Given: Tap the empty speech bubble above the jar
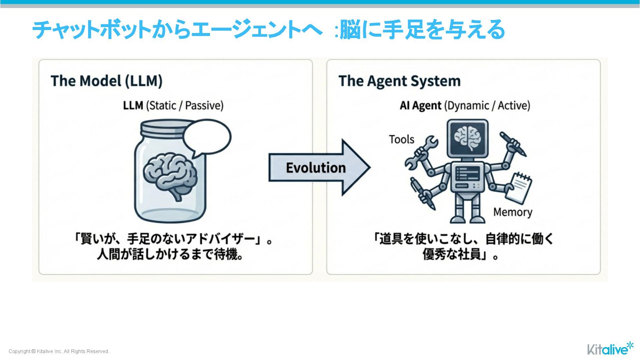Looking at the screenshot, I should click(207, 137).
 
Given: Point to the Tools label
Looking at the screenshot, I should click(401, 139).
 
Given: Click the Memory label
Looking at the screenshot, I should click(513, 212).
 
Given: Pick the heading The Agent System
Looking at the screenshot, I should click(399, 81).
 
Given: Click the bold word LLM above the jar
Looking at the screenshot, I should click(133, 105).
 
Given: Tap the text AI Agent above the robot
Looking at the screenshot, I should click(420, 105).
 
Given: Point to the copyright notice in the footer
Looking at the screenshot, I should click(59, 351).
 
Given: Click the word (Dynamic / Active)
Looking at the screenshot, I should click(487, 105).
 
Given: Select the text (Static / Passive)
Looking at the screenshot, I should click(185, 105).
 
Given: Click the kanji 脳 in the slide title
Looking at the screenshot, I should click(350, 30).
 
